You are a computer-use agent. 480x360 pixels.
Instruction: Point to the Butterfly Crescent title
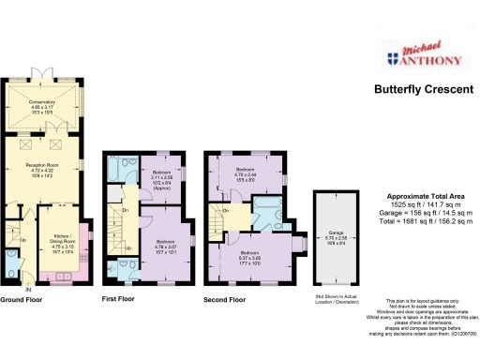pyautogui.click(x=420, y=91)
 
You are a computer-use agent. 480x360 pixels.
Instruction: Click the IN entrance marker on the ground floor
pyautogui.click(x=28, y=287)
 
